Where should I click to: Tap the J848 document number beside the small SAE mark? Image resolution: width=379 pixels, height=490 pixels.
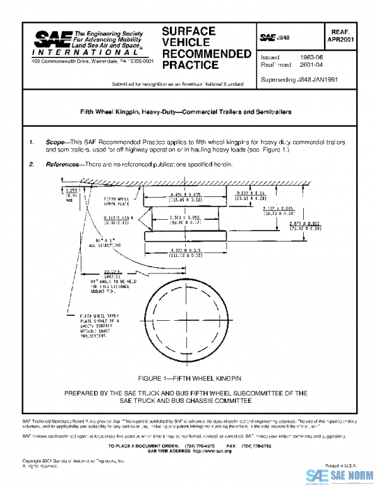tap(283, 39)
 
